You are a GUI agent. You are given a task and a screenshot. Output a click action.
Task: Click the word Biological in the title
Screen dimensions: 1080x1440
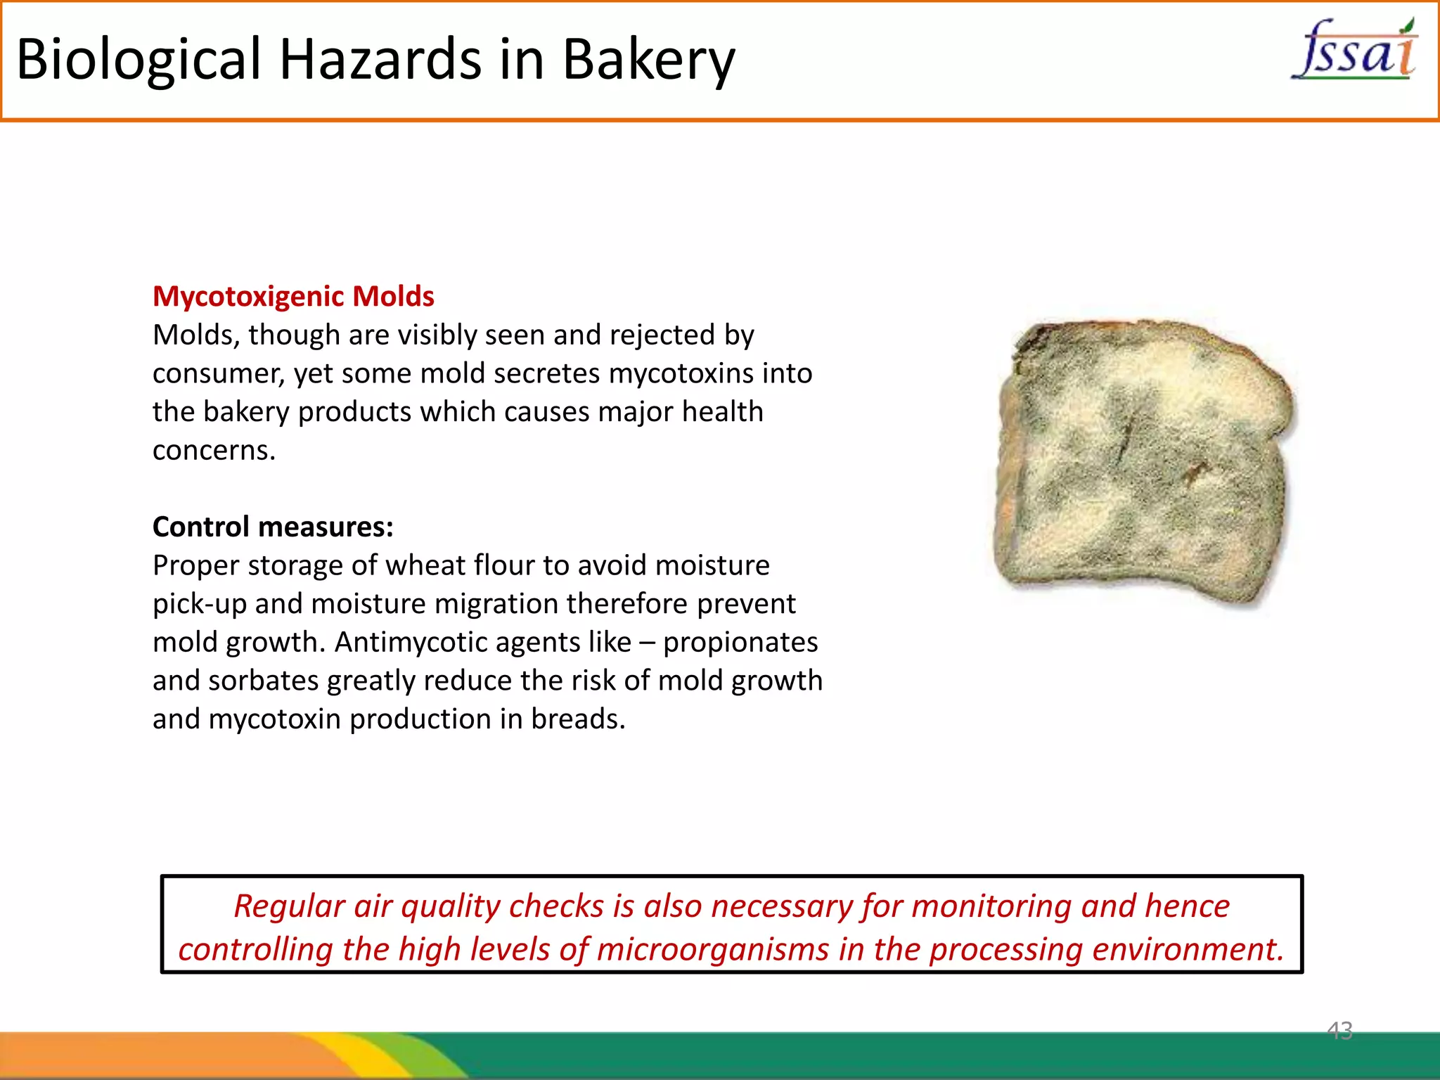click(x=138, y=59)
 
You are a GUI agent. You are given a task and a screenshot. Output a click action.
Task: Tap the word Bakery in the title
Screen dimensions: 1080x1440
click(x=648, y=59)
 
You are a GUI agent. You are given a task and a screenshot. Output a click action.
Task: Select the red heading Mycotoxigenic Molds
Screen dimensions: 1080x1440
click(x=293, y=296)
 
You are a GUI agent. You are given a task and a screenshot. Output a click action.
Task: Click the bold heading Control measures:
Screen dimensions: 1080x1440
click(x=273, y=527)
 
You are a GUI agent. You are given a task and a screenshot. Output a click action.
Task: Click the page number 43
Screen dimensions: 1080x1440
click(x=1339, y=1031)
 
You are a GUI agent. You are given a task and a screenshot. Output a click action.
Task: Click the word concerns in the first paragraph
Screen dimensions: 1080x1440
click(x=213, y=450)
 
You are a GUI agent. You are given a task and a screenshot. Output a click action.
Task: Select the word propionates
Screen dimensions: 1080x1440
click(x=740, y=642)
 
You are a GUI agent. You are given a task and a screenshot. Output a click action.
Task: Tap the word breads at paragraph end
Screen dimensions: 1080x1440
click(x=577, y=719)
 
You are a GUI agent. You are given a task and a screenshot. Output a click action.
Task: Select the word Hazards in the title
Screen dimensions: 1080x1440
click(x=380, y=59)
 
